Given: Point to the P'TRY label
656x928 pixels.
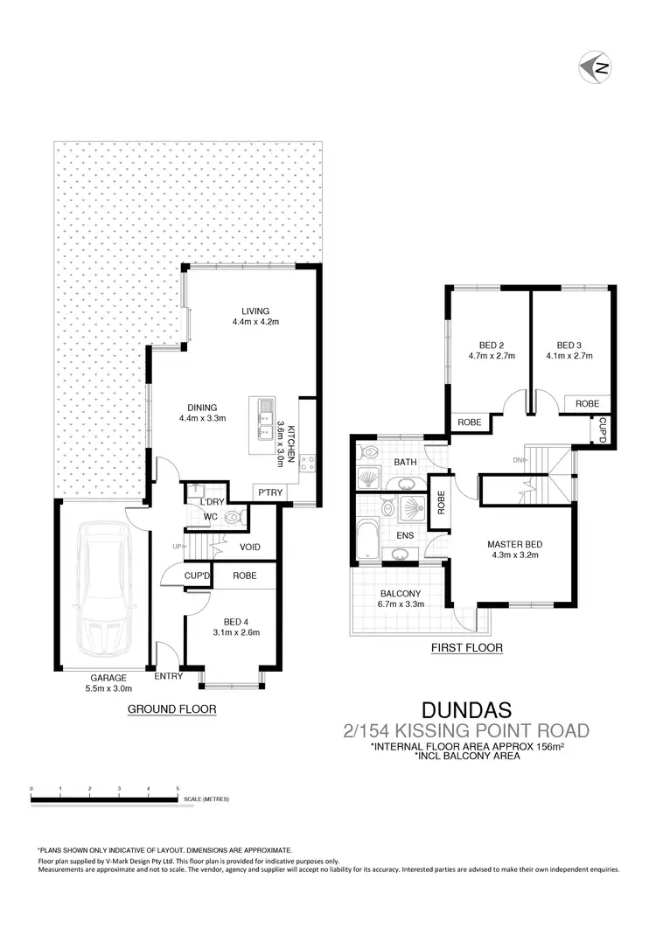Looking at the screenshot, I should pos(269,493).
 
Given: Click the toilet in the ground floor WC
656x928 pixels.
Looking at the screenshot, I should pos(233,518).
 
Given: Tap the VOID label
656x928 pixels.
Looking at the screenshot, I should pos(251,548).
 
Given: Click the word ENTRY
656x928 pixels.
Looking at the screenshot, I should pos(168,676).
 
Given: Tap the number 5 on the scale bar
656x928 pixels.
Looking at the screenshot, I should pos(178,788).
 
